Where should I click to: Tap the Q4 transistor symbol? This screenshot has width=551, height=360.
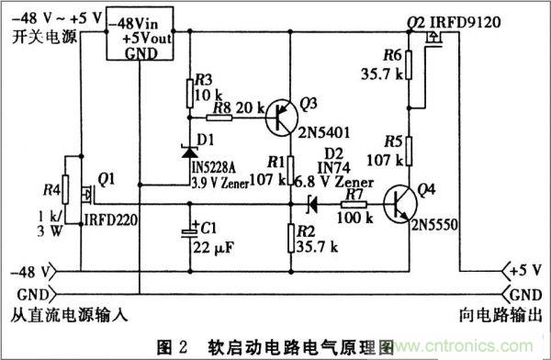400,204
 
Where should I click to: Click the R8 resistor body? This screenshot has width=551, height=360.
222,118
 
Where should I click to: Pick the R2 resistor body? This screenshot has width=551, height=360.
289,236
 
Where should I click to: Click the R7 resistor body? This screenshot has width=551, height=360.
354,205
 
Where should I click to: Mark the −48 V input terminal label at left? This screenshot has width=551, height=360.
27,271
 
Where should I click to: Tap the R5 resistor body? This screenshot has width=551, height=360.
408,152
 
